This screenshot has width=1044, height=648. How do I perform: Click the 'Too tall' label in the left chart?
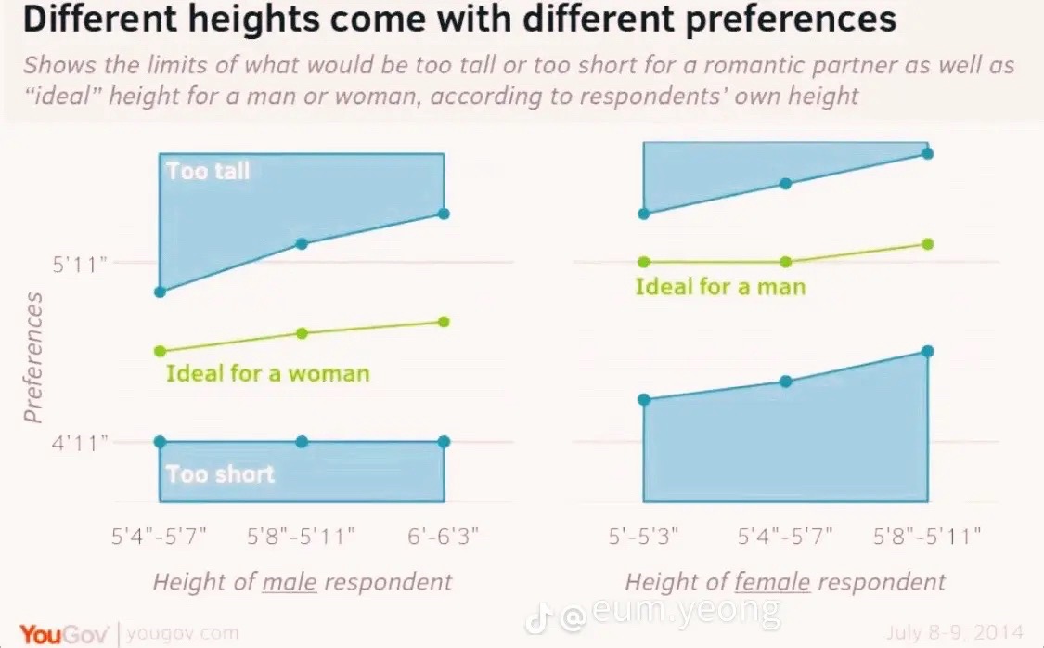208,171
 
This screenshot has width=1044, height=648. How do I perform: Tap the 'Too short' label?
220,474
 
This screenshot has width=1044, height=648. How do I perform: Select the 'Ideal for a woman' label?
267,373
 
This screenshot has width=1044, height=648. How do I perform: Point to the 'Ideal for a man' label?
720,286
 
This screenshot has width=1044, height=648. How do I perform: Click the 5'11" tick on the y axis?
79,265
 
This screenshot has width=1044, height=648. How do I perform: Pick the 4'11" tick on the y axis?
79,443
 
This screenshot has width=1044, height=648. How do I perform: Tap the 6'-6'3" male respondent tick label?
444,536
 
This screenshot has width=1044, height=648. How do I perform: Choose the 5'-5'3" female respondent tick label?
643,536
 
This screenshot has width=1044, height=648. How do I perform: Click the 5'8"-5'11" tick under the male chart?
301,536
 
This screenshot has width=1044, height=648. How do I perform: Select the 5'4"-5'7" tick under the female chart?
785,536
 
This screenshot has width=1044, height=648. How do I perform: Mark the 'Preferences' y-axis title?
32,357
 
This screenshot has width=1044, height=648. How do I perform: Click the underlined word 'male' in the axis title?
290,582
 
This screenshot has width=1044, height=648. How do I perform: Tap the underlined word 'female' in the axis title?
773,582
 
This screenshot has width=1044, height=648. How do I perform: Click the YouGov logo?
63,633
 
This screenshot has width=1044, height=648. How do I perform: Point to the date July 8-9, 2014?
954,632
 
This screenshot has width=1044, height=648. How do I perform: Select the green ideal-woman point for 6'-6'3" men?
445,321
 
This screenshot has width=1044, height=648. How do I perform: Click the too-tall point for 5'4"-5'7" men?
160,292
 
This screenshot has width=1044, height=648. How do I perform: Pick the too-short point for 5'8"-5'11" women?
927,351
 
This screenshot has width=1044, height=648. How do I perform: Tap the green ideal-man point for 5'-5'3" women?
644,262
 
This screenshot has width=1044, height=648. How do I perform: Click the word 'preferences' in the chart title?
791,19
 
